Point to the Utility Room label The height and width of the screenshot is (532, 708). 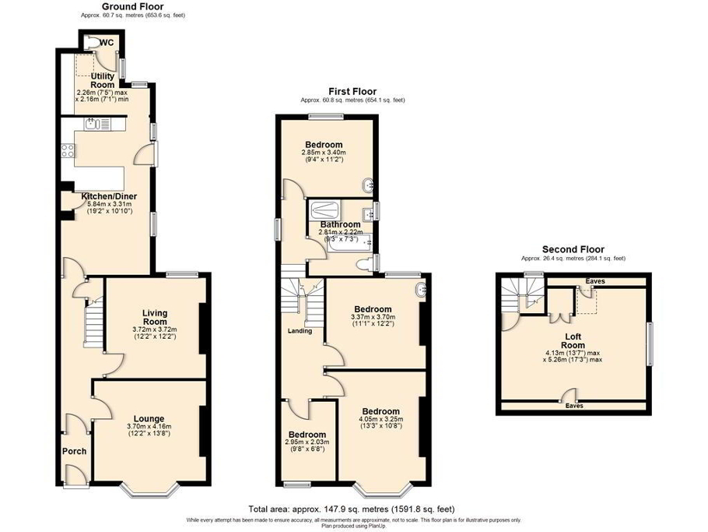103,80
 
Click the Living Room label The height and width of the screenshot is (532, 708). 155,317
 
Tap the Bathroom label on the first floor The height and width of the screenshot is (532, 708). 338,225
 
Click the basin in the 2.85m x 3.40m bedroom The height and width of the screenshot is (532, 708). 367,185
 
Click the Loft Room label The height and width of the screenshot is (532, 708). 573,340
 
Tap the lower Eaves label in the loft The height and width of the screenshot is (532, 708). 573,406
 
